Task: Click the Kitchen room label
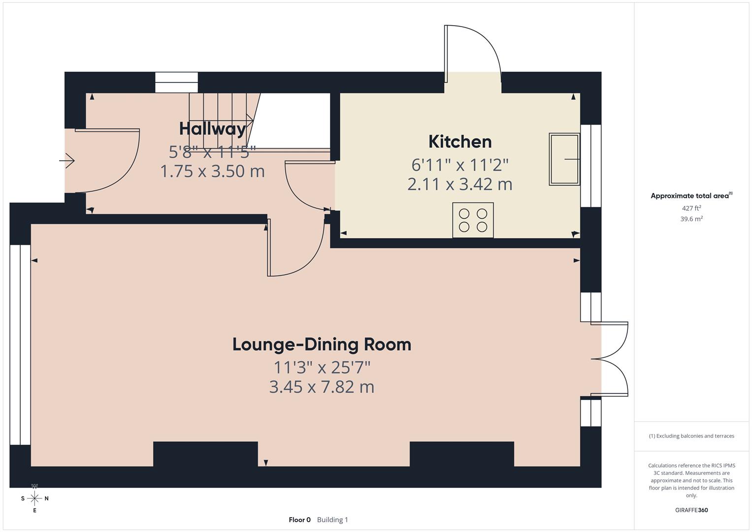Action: [x=460, y=142]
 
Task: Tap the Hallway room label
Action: [x=212, y=129]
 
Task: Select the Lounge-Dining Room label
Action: [x=322, y=344]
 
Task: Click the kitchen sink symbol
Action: [x=564, y=159]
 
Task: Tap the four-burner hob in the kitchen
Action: [x=473, y=220]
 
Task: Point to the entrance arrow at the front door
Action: [x=67, y=161]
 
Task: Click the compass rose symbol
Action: [x=34, y=498]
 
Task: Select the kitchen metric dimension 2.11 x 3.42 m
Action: [x=460, y=184]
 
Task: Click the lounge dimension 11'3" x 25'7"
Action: [x=322, y=367]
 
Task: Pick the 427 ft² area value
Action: [x=691, y=208]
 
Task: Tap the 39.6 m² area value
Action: [x=691, y=219]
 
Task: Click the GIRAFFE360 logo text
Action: [x=691, y=510]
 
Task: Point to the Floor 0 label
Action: [x=299, y=520]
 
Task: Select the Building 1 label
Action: [x=332, y=520]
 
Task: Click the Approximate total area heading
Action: [x=691, y=196]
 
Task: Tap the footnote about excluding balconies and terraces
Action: [x=691, y=436]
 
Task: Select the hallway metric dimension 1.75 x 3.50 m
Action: [x=212, y=171]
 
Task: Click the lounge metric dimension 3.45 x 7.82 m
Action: [x=322, y=387]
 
